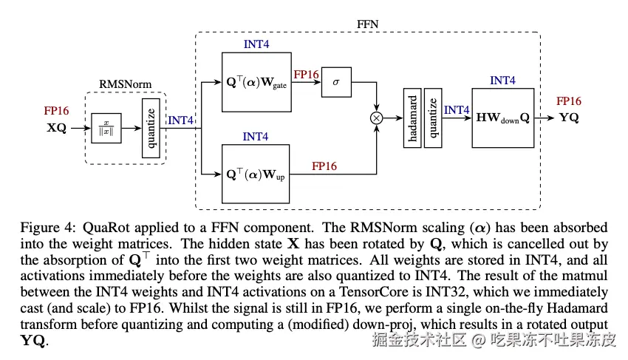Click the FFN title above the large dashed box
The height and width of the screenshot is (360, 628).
[x=368, y=24]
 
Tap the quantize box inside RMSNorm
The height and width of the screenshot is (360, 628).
[x=152, y=128]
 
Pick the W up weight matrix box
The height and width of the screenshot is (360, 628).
[x=257, y=174]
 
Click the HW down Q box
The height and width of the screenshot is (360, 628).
[x=502, y=117]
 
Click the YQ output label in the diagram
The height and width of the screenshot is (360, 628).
[x=569, y=117]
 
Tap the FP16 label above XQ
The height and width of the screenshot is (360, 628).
[x=56, y=111]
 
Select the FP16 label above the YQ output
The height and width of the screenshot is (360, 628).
[x=569, y=101]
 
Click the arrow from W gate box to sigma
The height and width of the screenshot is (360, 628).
[x=306, y=83]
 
